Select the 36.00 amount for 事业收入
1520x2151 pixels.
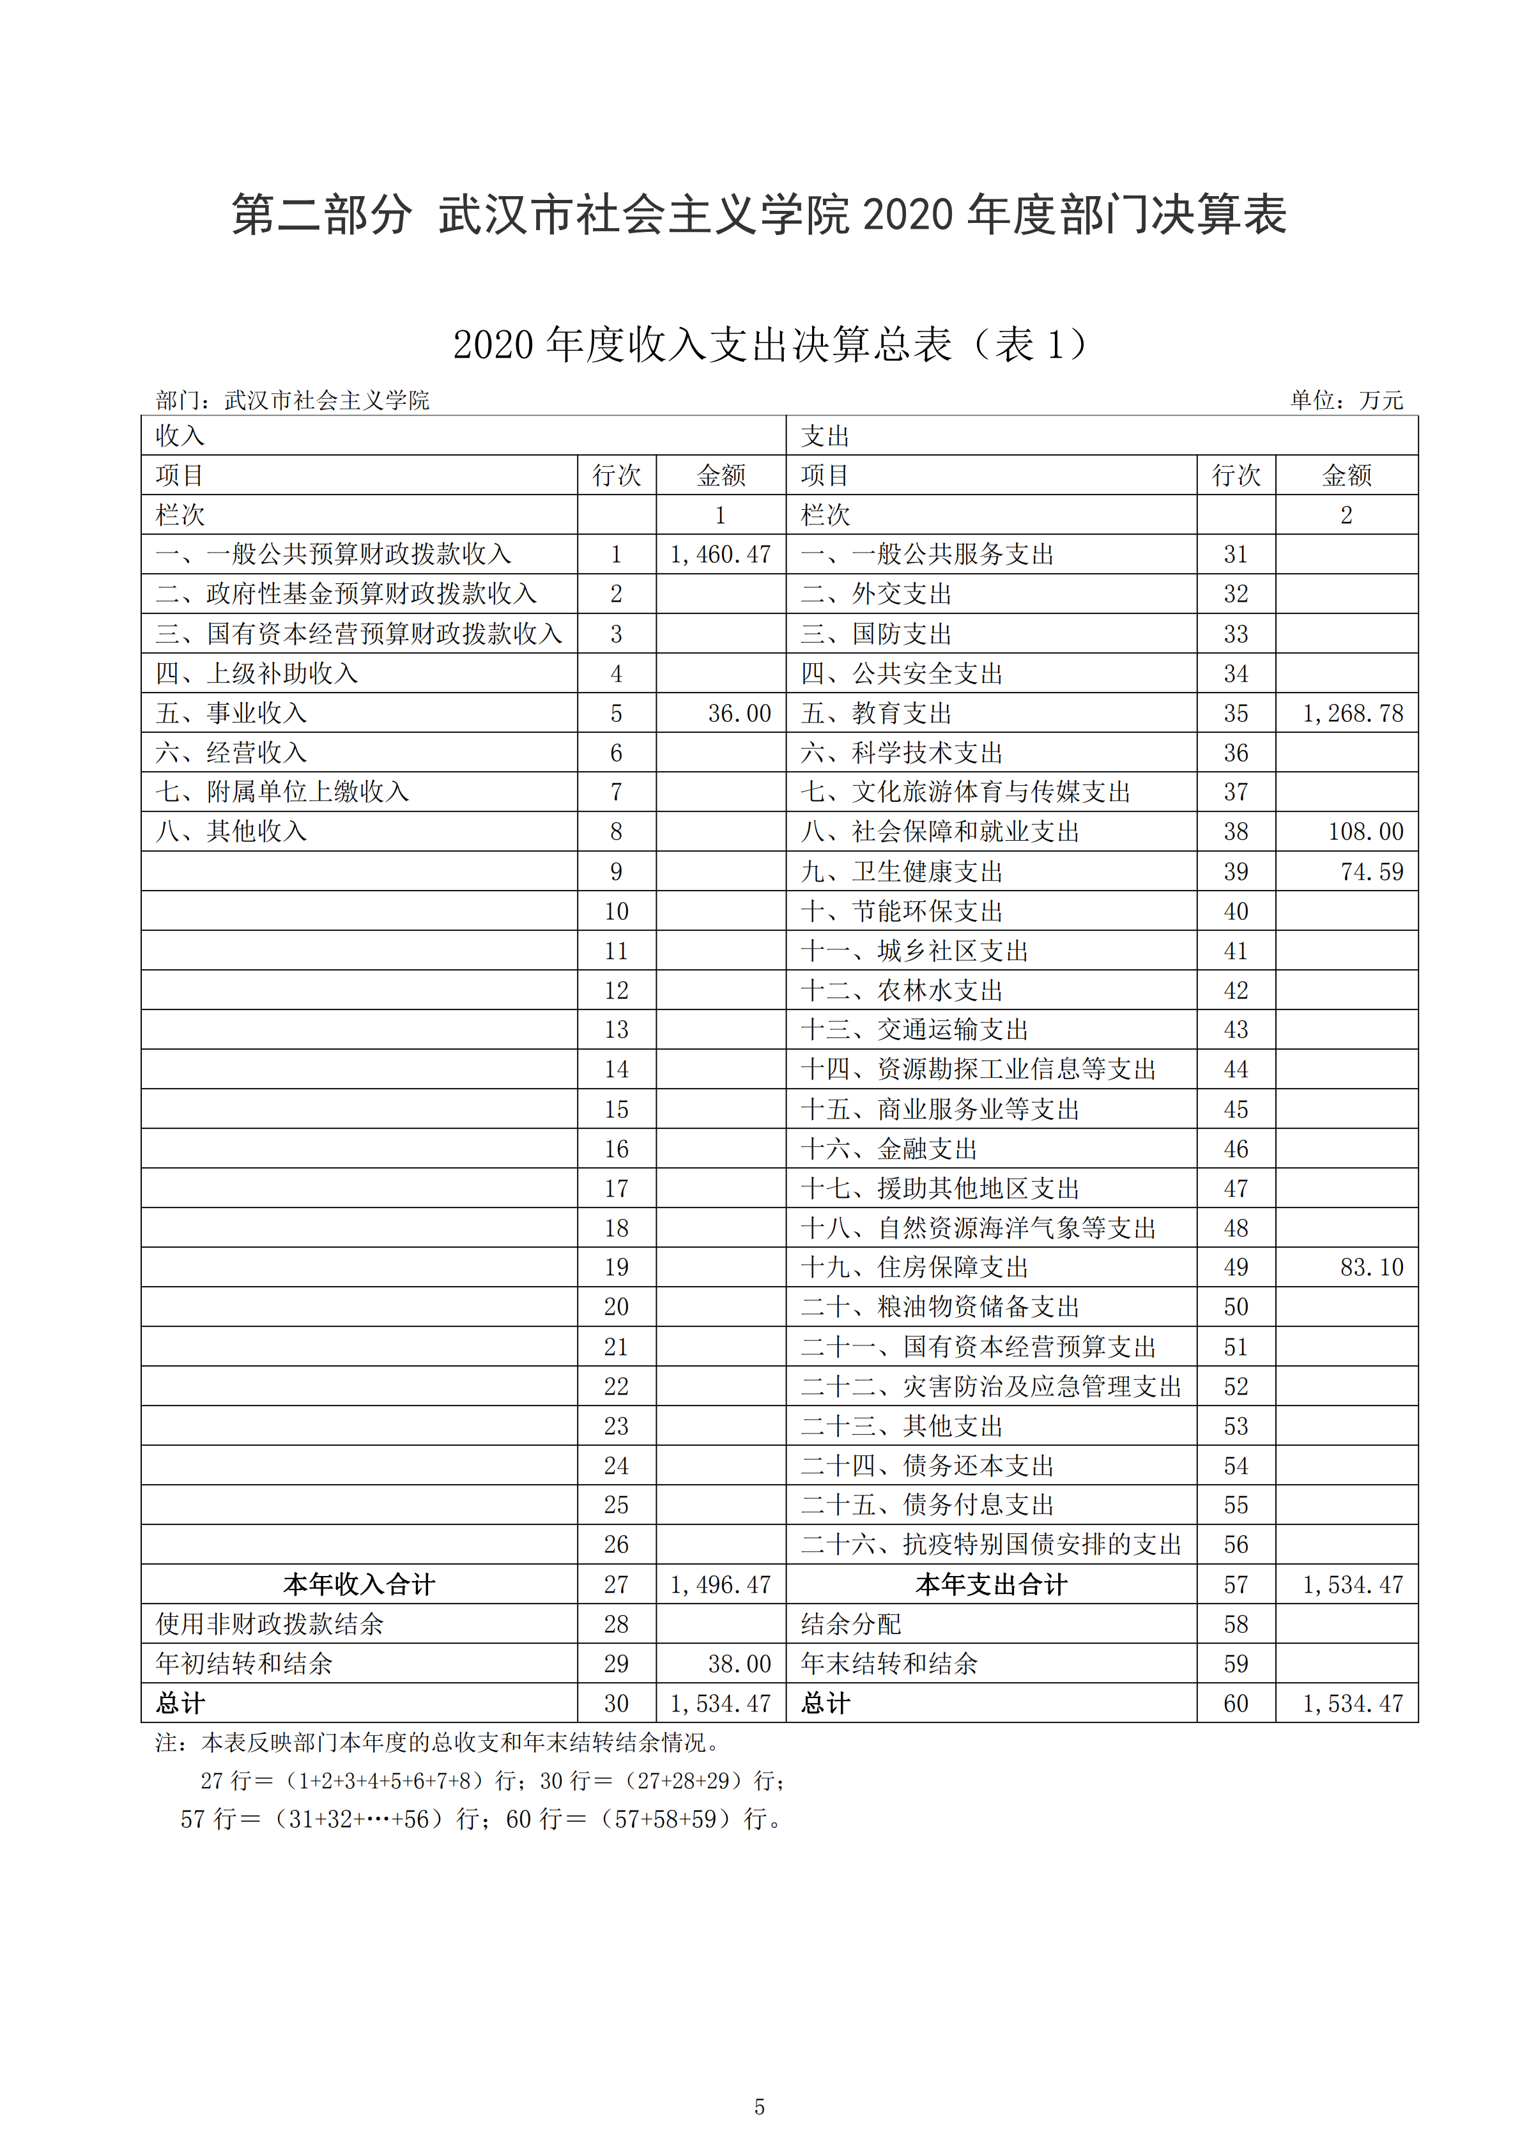tap(739, 714)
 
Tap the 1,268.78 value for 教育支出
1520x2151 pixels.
tap(1352, 714)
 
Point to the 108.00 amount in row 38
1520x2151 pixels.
tap(1365, 832)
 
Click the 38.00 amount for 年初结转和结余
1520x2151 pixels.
tap(739, 1664)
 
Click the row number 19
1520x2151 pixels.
tap(616, 1267)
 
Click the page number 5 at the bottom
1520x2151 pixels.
tap(759, 2107)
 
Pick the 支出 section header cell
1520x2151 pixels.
tap(825, 436)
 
